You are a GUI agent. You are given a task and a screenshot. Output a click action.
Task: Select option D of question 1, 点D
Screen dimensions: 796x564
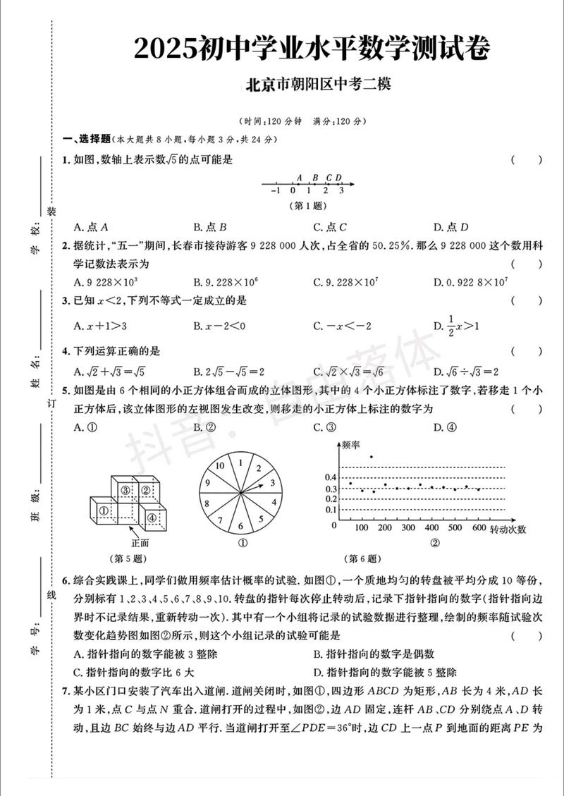[451, 227]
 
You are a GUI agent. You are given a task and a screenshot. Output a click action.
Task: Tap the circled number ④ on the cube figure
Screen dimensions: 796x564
[152, 517]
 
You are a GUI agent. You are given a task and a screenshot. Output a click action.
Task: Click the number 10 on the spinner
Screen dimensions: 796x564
[219, 465]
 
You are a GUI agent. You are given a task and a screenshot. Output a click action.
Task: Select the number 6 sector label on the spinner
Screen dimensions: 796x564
[240, 525]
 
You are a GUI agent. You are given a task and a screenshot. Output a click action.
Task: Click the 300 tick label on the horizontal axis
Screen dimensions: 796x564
[408, 528]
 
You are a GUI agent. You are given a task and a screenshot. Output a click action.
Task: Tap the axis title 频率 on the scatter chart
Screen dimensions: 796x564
[350, 445]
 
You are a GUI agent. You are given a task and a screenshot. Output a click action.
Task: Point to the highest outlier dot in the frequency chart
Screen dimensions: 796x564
[372, 456]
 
